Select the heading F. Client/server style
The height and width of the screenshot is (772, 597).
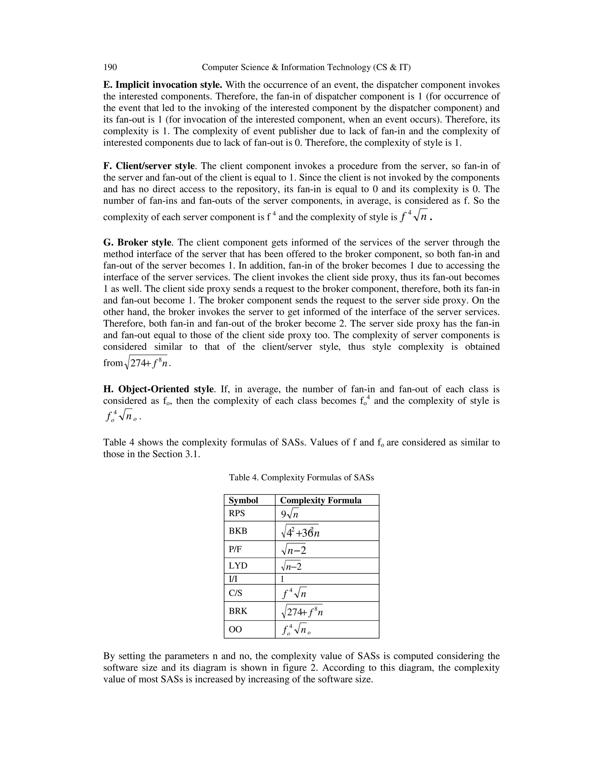tap(149, 166)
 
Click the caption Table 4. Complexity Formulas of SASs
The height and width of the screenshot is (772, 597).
tap(301, 477)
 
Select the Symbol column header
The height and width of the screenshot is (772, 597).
tap(243, 500)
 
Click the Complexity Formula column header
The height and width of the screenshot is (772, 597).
tap(321, 500)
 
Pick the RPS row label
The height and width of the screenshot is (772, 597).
tap(237, 513)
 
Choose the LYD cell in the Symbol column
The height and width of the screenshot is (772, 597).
tap(238, 565)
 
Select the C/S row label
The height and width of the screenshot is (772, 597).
tap(236, 593)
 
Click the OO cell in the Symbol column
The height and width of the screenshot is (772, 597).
tap(236, 629)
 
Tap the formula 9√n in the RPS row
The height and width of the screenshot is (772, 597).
tap(290, 514)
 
